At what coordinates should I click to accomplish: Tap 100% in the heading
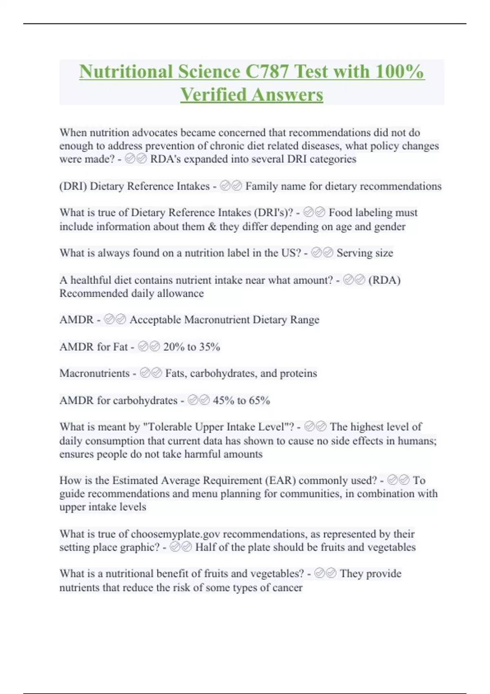click(x=400, y=71)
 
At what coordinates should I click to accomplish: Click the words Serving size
click(x=365, y=253)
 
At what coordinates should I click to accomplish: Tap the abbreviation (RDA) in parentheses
click(x=384, y=280)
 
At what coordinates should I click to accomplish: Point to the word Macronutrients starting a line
click(x=94, y=374)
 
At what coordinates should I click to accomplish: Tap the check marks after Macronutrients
click(x=151, y=374)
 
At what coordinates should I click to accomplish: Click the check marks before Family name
click(x=231, y=186)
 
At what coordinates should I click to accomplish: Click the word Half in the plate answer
click(x=205, y=547)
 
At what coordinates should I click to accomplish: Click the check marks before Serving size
click(x=322, y=253)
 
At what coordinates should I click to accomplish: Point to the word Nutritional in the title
click(x=126, y=71)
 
